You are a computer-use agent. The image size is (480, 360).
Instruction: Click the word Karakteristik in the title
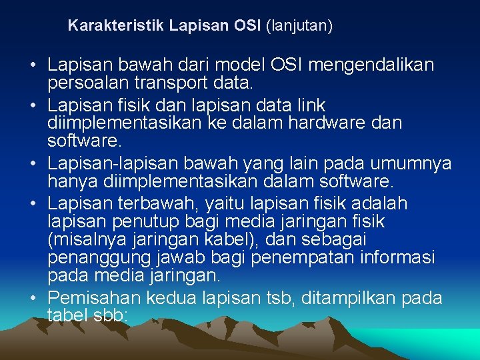point(116,26)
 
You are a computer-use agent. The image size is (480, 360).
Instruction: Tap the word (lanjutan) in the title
point(299,27)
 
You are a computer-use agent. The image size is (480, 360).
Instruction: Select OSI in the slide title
point(249,26)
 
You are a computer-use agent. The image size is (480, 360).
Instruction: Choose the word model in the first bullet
point(241,65)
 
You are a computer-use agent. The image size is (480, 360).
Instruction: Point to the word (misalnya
point(83,239)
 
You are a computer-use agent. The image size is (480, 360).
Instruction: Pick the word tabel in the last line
point(66,315)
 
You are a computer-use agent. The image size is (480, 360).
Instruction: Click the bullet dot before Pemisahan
point(33,298)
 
